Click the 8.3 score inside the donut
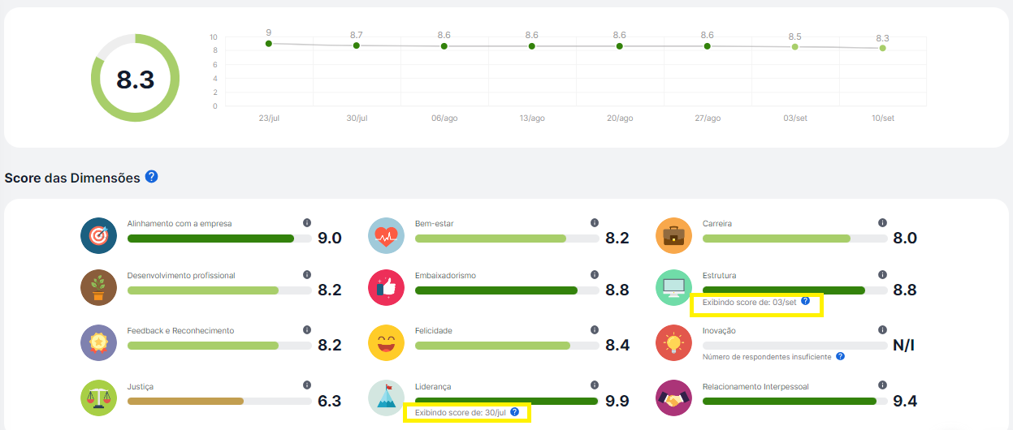(x=135, y=80)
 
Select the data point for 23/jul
(x=268, y=43)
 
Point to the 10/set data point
(x=882, y=49)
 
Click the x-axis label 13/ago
(x=532, y=118)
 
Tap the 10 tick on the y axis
(x=214, y=37)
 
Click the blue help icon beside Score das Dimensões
(x=151, y=177)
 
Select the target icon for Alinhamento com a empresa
(x=99, y=236)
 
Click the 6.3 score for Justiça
(x=329, y=401)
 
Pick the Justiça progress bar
(x=219, y=401)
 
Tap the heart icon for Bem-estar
(x=387, y=236)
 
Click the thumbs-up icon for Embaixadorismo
(x=387, y=288)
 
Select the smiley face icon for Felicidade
(x=387, y=343)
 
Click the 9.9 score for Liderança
(x=617, y=401)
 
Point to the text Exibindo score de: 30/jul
(x=461, y=413)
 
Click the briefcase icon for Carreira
(x=673, y=236)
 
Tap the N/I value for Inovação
(x=903, y=346)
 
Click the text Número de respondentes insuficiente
(x=767, y=356)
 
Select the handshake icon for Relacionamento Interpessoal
(x=673, y=398)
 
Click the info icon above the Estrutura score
(x=882, y=275)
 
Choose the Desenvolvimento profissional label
(x=181, y=276)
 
